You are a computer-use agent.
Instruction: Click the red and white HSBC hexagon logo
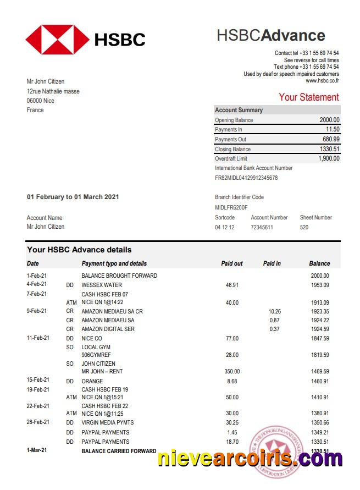[x=57, y=39]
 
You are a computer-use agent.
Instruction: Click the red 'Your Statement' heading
[x=308, y=97]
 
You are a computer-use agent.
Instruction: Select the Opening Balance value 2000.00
[x=329, y=120]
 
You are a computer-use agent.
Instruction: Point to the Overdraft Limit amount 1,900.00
[x=329, y=158]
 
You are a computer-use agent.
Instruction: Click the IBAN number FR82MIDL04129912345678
[x=246, y=178]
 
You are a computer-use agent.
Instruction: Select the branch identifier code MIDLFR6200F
[x=231, y=207]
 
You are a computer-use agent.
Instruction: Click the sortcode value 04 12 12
[x=224, y=227]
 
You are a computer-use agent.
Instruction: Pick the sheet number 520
[x=304, y=227]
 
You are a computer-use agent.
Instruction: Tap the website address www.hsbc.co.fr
[x=322, y=81]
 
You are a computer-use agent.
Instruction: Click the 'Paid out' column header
[x=231, y=263]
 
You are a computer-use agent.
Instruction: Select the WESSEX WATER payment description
[x=102, y=285]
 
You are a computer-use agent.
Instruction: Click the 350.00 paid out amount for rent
[x=232, y=372]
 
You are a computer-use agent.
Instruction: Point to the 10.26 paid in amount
[x=273, y=311]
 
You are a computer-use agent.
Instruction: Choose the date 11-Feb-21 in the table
[x=38, y=338]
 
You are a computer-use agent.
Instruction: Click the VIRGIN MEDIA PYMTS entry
[x=107, y=422]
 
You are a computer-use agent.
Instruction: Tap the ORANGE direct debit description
[x=92, y=381]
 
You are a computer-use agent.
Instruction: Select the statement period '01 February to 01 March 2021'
[x=73, y=197]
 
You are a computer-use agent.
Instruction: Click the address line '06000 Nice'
[x=41, y=101]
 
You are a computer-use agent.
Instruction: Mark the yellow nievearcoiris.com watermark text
[x=250, y=458]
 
